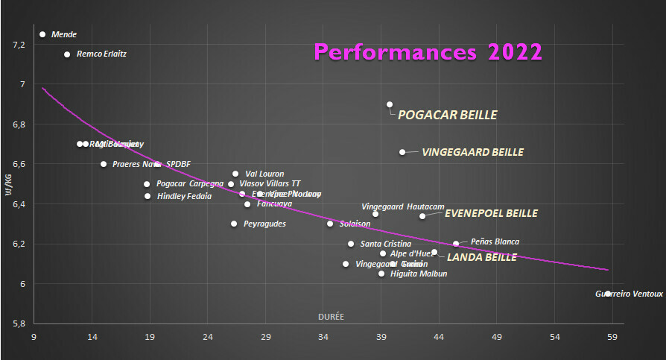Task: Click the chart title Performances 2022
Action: point(428,51)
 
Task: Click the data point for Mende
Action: point(42,34)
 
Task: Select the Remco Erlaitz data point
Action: point(67,54)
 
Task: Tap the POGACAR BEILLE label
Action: point(447,115)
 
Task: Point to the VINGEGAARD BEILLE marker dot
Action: point(402,152)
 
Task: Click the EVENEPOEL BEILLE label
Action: point(491,213)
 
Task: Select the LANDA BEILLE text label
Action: point(481,257)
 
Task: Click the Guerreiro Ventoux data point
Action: point(608,294)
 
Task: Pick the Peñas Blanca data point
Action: point(456,244)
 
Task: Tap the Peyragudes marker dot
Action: point(234,224)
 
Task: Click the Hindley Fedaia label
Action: point(184,197)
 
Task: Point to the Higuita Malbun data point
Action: point(381,274)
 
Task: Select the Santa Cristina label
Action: point(385,244)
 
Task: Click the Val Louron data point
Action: point(235,174)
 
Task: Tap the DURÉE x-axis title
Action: point(331,317)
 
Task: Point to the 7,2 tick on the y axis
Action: point(19,45)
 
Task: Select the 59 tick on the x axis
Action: point(612,337)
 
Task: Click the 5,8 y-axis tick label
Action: point(19,324)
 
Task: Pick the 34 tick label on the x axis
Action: point(323,337)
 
